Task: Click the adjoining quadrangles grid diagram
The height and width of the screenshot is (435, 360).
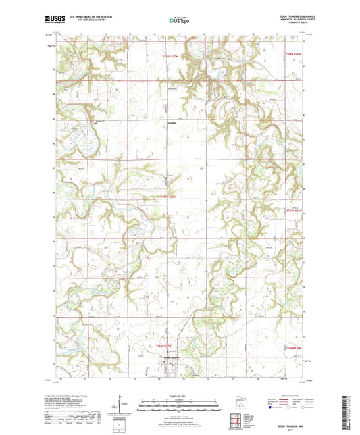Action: click(x=236, y=422)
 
